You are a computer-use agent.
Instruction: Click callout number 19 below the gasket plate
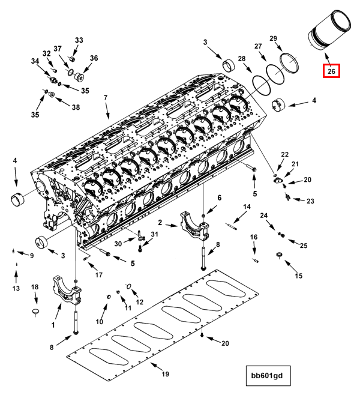166,374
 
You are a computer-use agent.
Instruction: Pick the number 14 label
246,207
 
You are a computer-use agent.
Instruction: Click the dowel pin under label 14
233,226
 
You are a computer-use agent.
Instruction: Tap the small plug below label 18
35,311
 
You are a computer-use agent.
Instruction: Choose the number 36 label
94,58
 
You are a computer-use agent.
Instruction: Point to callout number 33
79,40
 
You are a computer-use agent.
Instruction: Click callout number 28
242,58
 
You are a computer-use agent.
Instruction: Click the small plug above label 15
279,258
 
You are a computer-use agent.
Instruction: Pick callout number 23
310,200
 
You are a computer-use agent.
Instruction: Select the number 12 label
139,302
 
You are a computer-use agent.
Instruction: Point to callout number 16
254,238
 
